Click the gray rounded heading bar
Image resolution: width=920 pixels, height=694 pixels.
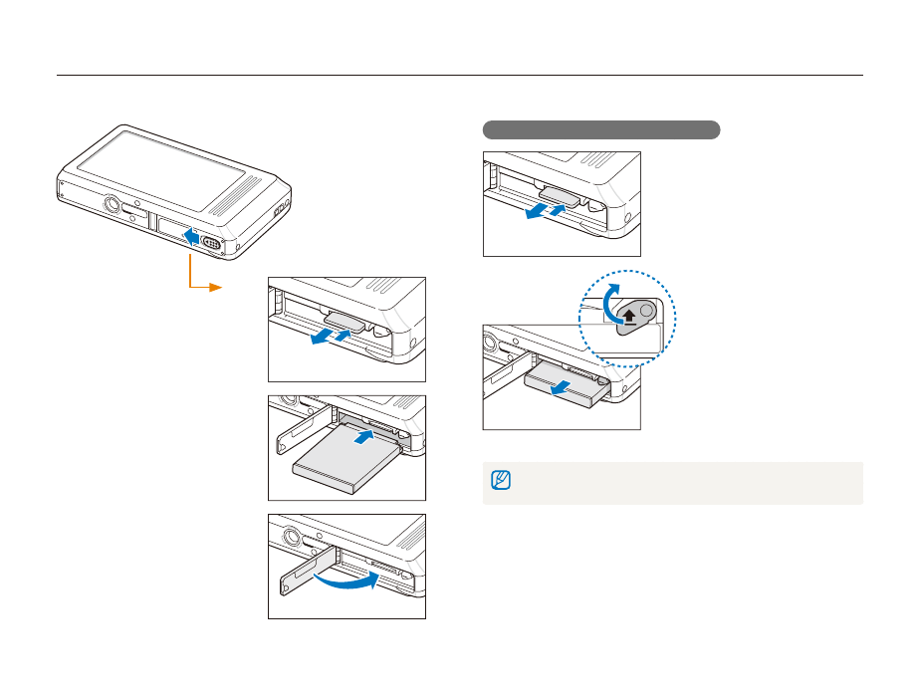pos(600,130)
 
